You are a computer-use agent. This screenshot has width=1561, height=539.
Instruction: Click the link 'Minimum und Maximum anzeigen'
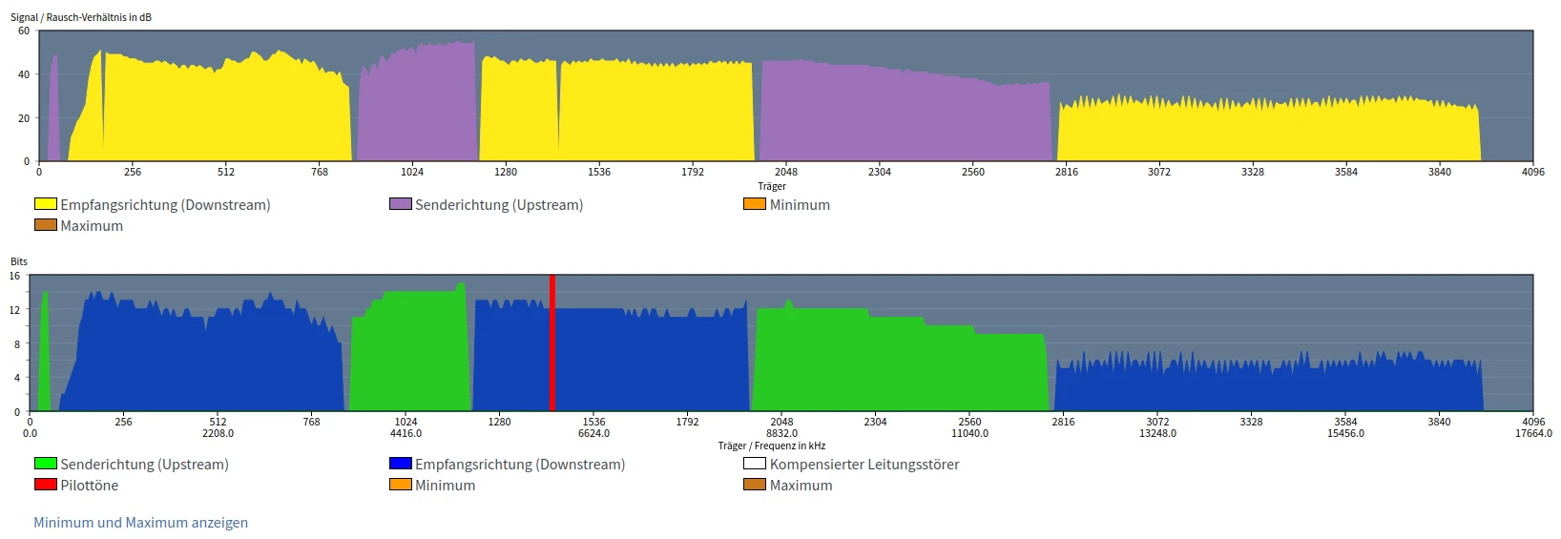[140, 523]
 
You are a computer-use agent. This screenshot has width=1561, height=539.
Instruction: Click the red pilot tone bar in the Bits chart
[552, 343]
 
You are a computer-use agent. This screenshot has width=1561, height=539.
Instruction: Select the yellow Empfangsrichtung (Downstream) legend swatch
[45, 204]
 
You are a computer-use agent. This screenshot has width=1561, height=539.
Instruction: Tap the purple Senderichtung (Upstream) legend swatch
[400, 204]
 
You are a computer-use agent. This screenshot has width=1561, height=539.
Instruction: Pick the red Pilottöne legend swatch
[45, 485]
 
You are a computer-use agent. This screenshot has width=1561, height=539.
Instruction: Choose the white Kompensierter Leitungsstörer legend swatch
[754, 464]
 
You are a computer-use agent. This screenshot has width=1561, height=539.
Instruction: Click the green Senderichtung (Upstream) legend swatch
[45, 464]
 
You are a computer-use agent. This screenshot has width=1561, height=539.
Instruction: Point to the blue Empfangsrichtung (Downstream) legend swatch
[400, 464]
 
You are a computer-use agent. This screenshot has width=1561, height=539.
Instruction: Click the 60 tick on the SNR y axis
[24, 31]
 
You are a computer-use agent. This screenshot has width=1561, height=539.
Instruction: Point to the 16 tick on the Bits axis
[15, 276]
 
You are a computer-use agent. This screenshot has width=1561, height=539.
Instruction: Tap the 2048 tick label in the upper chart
[785, 172]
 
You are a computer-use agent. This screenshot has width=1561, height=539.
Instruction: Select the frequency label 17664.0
[1533, 433]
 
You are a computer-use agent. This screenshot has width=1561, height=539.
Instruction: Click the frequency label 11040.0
[969, 433]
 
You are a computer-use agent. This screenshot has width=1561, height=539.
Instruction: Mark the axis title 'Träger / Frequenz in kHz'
[771, 446]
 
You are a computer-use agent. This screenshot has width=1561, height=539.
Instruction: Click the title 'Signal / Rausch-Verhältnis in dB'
[81, 17]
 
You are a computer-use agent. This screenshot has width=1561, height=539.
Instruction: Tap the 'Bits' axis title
[19, 261]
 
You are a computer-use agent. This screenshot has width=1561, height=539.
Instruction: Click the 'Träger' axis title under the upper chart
[771, 186]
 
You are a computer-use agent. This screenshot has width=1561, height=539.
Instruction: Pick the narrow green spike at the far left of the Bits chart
[44, 353]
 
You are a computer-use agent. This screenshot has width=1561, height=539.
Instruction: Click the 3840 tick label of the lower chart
[1439, 422]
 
